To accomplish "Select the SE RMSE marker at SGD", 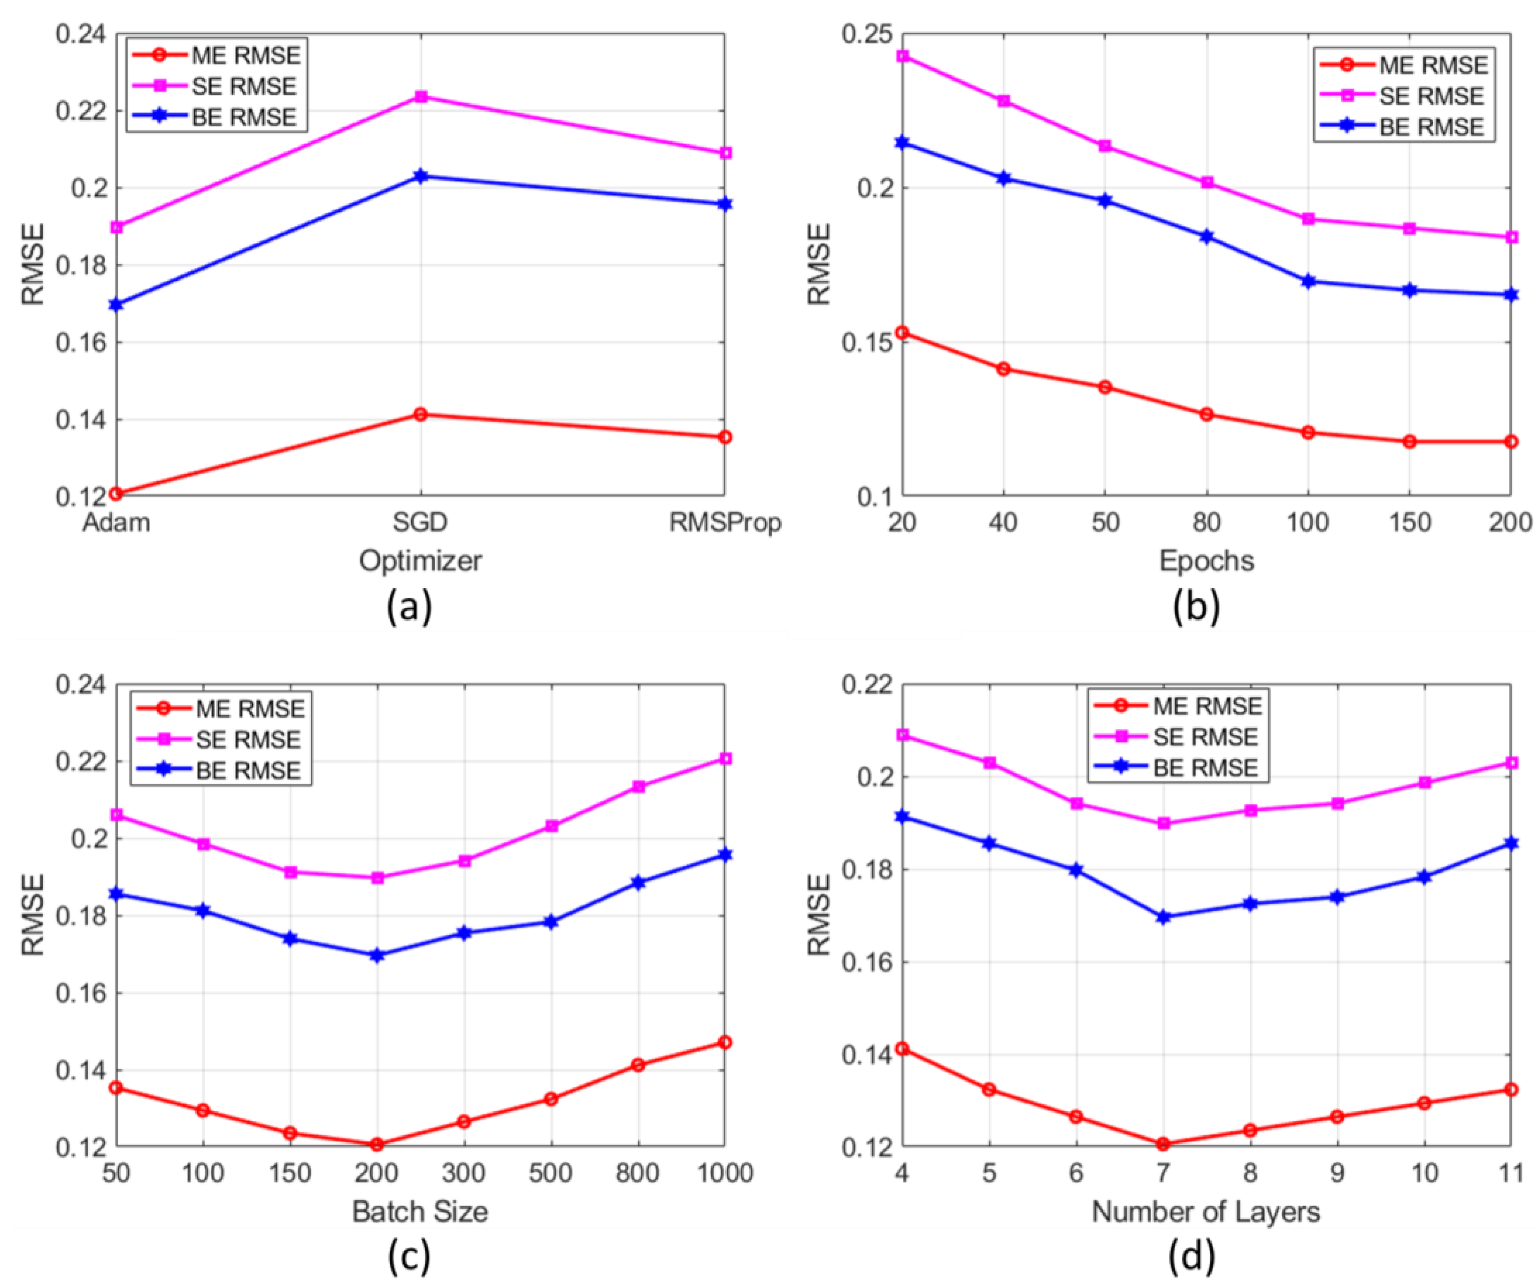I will coord(420,97).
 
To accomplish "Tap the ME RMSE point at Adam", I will coord(115,494).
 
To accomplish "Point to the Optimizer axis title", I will coord(420,561).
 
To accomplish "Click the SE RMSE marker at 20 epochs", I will coord(902,56).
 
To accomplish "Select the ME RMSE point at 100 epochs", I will coord(1308,432).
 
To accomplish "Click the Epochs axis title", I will coord(1206,561).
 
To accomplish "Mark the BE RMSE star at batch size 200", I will coord(377,955).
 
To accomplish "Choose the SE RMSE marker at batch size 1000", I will coord(725,758).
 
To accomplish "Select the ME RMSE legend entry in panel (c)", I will coord(249,708).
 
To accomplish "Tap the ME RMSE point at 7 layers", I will coord(1163,1144).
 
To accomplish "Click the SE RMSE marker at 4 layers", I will coord(902,734).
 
